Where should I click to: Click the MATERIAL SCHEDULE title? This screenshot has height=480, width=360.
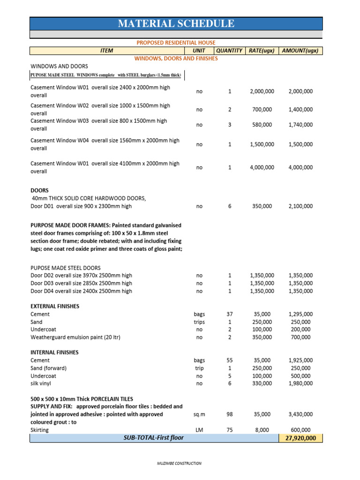[x=176, y=24]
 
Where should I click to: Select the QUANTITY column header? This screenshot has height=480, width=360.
[x=229, y=51]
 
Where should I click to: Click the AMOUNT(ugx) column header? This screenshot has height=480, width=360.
[x=300, y=51]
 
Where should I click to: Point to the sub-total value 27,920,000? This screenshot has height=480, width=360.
[x=300, y=438]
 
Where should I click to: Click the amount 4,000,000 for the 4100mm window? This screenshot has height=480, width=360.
[x=300, y=167]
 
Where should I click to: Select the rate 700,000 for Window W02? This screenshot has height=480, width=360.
[x=262, y=109]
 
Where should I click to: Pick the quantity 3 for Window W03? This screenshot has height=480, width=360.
[x=230, y=125]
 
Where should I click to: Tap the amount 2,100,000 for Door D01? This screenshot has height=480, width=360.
[x=300, y=206]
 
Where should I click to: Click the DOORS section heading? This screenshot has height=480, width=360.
[x=39, y=191]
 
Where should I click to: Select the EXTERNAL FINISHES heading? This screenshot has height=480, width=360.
[x=55, y=306]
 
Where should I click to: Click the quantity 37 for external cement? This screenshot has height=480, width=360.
[x=230, y=314]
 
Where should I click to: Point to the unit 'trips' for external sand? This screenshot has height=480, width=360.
[x=199, y=322]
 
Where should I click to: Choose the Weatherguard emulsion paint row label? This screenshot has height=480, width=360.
[x=75, y=337]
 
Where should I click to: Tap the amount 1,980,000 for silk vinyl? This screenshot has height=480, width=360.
[x=300, y=383]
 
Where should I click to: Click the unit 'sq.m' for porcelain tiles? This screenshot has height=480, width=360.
[x=199, y=414]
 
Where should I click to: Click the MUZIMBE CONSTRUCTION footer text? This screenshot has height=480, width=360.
[x=179, y=464]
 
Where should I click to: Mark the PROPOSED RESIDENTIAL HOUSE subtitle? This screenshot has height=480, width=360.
[x=176, y=43]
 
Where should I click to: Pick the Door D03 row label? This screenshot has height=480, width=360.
[x=81, y=283]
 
